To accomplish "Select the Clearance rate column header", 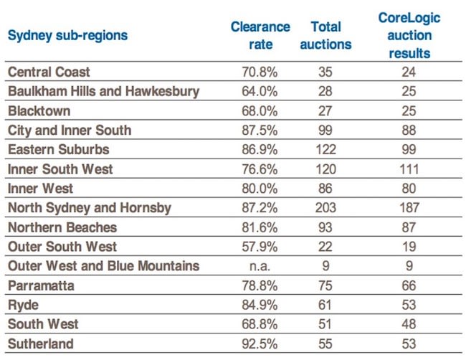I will click(260, 35).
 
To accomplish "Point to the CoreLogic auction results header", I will click(409, 35).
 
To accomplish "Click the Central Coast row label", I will click(49, 72).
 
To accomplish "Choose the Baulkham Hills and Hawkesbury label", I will click(103, 92).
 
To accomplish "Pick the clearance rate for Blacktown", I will click(260, 111).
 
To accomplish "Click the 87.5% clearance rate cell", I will click(260, 131).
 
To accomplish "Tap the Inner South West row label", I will click(60, 169).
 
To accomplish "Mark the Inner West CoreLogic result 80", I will click(409, 189).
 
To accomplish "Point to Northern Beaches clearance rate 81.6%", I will click(260, 227).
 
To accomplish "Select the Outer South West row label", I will click(62, 247).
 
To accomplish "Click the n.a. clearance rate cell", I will click(260, 266).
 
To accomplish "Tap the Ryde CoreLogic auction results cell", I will click(409, 305).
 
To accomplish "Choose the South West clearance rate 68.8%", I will click(260, 324).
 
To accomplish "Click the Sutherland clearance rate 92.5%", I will click(260, 344).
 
